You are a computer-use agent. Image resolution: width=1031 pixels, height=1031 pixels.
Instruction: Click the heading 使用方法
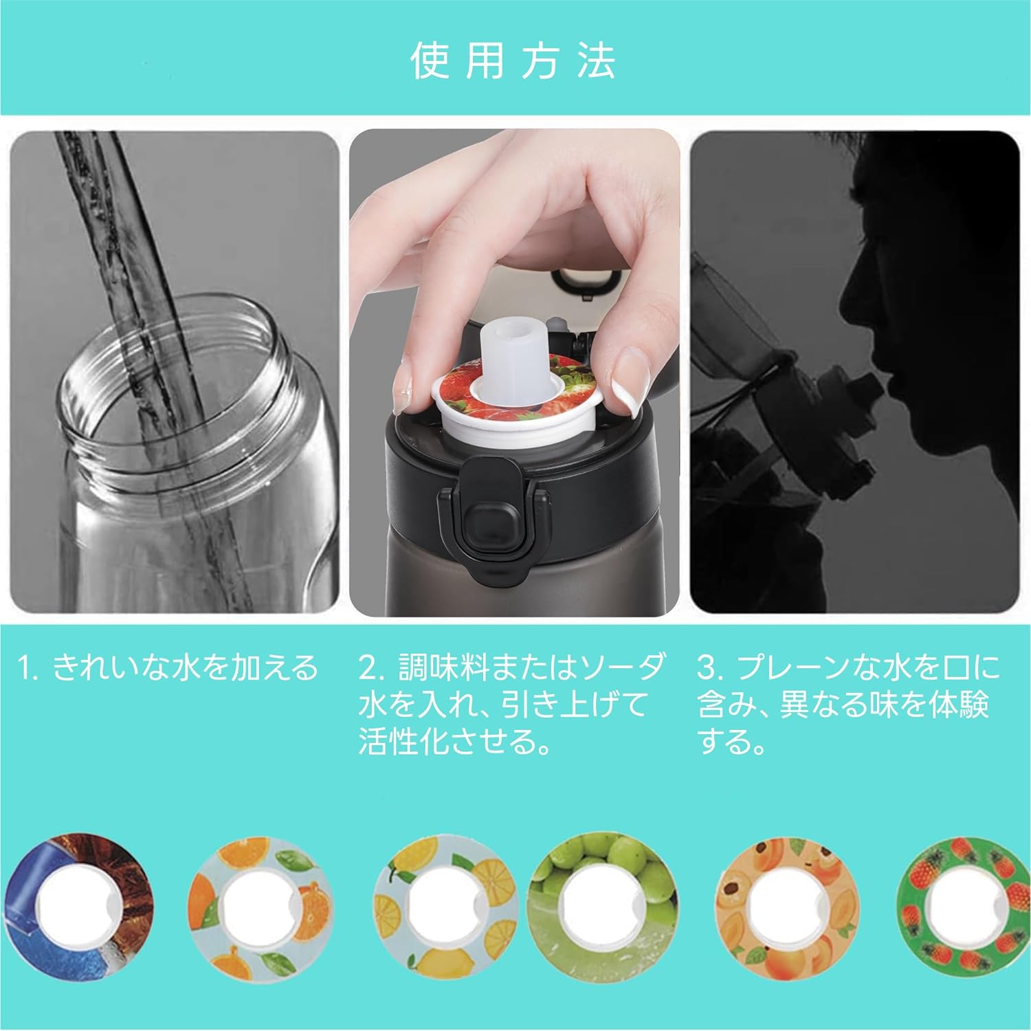click(513, 62)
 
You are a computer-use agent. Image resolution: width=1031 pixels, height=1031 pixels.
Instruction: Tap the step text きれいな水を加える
click(186, 667)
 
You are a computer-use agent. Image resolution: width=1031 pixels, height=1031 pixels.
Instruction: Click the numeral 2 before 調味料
click(368, 667)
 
